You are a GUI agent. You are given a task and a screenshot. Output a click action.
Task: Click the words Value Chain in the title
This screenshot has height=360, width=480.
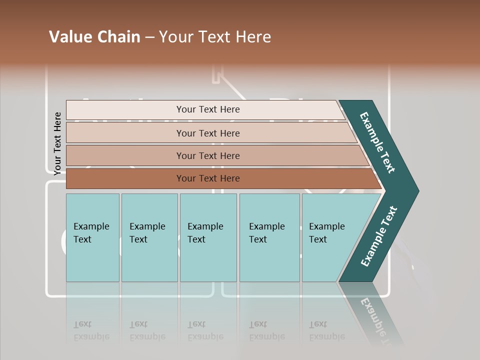pos(94,37)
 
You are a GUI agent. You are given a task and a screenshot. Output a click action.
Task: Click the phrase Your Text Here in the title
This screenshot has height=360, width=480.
pos(215,37)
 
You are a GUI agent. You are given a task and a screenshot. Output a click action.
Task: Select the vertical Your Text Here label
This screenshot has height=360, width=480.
pos(57,143)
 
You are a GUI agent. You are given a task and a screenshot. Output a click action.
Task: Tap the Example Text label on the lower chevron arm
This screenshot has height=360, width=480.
pos(379,236)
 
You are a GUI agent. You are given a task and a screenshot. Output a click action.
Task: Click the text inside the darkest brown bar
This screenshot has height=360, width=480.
pos(208,178)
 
